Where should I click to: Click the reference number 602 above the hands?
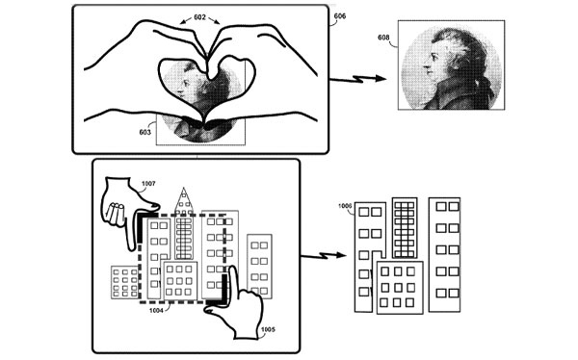199,17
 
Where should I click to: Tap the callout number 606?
340,16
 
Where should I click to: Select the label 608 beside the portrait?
383,38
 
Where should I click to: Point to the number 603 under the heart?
144,132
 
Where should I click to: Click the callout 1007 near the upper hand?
148,184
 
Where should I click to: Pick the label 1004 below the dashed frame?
156,311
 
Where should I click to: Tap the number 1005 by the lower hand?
268,329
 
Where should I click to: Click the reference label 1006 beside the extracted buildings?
345,206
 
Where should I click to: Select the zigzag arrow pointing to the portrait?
357,79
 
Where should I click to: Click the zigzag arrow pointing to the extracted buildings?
324,255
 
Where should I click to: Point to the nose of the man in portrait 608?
425,67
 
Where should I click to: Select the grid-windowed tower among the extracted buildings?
405,228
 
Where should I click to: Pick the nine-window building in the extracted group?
400,288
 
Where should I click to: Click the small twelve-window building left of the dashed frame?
124,282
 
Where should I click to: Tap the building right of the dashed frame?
259,266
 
